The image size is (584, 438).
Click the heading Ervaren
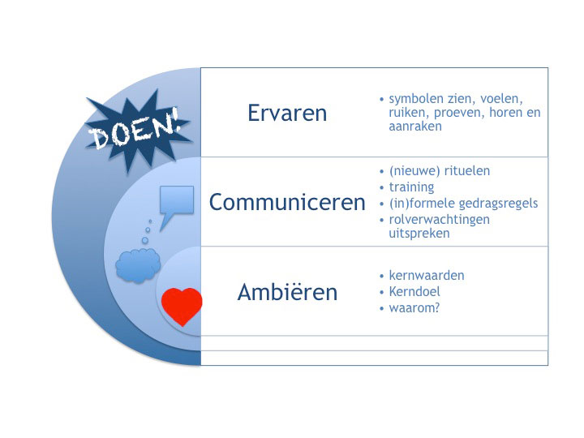[287, 113]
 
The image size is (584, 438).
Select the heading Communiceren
[287, 202]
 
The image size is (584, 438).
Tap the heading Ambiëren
[287, 292]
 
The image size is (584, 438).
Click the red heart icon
[182, 306]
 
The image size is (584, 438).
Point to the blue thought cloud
[138, 265]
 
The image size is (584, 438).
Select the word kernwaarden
[427, 275]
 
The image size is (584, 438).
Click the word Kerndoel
[414, 291]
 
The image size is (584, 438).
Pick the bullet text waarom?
[414, 308]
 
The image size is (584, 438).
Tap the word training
[411, 187]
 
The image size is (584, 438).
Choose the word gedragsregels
[498, 204]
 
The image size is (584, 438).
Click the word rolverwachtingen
[439, 220]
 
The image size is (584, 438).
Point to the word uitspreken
[419, 234]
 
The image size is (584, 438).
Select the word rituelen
[467, 171]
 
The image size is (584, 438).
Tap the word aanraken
[415, 127]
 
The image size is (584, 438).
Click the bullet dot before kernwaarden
[381, 277]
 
